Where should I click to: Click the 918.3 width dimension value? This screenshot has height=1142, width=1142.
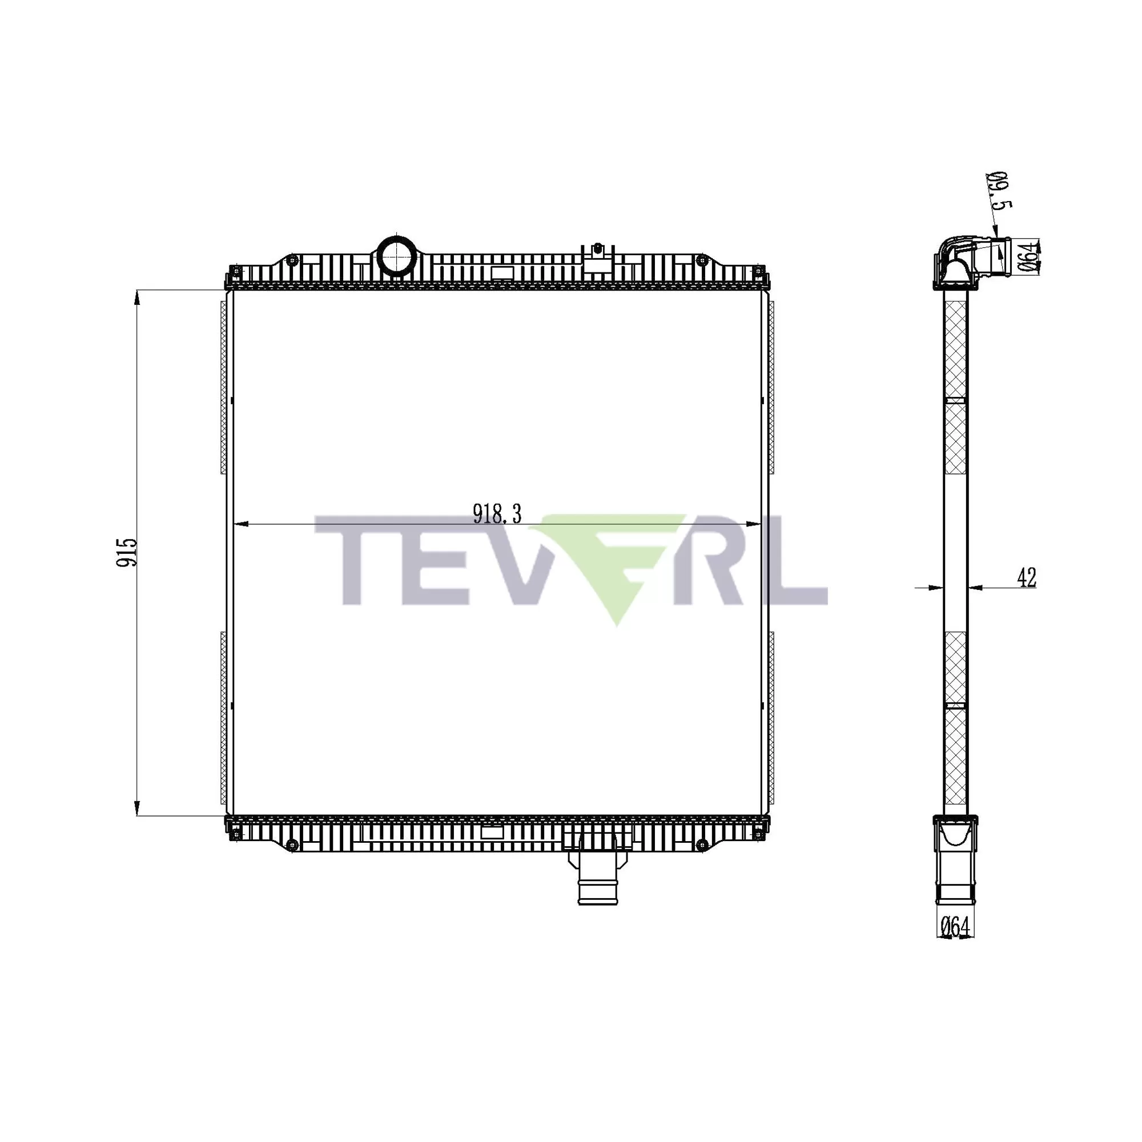[497, 514]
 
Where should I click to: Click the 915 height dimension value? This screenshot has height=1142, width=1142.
[127, 552]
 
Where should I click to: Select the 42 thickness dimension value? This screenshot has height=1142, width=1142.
[1027, 577]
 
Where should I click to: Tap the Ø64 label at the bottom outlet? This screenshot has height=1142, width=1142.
[955, 927]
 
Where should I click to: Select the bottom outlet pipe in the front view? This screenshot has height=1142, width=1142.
[598, 884]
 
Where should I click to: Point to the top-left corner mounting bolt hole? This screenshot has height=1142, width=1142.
[236, 271]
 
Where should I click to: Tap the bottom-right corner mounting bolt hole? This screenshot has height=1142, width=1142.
[758, 834]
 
